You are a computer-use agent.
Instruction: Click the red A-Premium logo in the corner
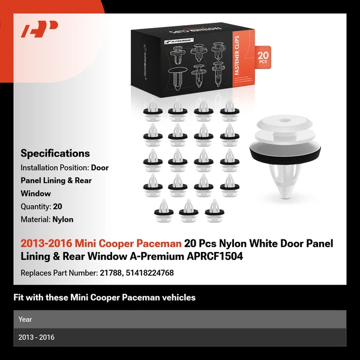[x=40, y=29]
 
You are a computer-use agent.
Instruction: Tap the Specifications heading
[x=55, y=153]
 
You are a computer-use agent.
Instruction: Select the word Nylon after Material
[x=62, y=220]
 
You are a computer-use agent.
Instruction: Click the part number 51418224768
[x=154, y=272]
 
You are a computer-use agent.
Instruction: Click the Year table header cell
[x=25, y=319]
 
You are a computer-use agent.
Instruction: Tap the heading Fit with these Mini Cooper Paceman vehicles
[x=104, y=297]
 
